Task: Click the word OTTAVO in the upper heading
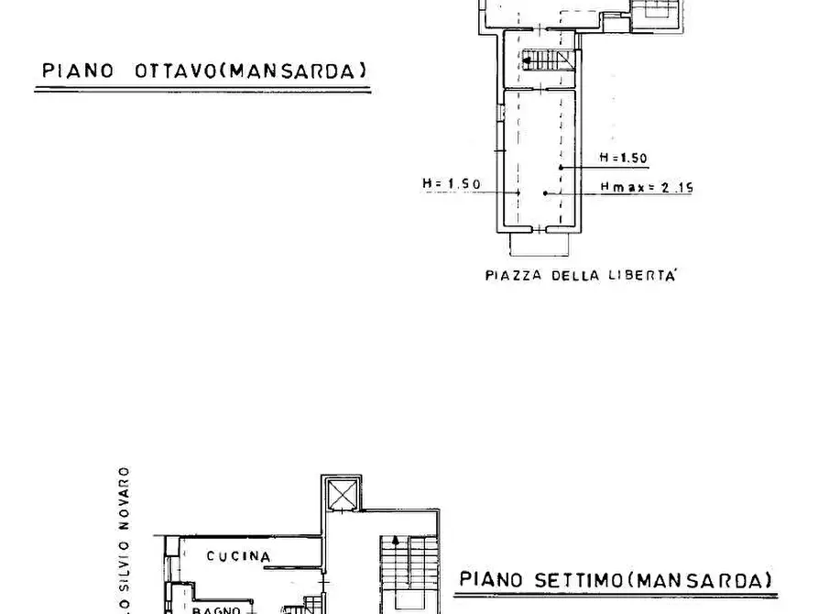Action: coord(177,71)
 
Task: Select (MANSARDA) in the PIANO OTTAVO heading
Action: coord(294,71)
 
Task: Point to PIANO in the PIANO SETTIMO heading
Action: coord(491,579)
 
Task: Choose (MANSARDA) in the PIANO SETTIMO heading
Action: coord(701,579)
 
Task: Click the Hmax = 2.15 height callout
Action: coord(647,188)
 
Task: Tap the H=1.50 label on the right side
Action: coord(623,158)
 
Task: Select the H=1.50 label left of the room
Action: coord(452,183)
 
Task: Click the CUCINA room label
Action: coord(238,556)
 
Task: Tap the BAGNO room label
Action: coord(215,609)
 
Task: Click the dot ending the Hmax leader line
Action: coord(545,192)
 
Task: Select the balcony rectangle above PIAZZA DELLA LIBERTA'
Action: coord(539,244)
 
